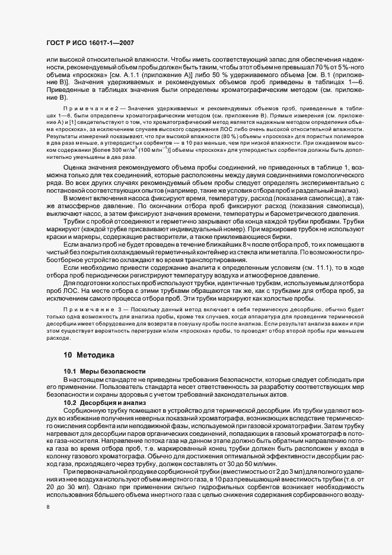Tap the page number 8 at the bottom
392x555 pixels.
pos(49,507)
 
